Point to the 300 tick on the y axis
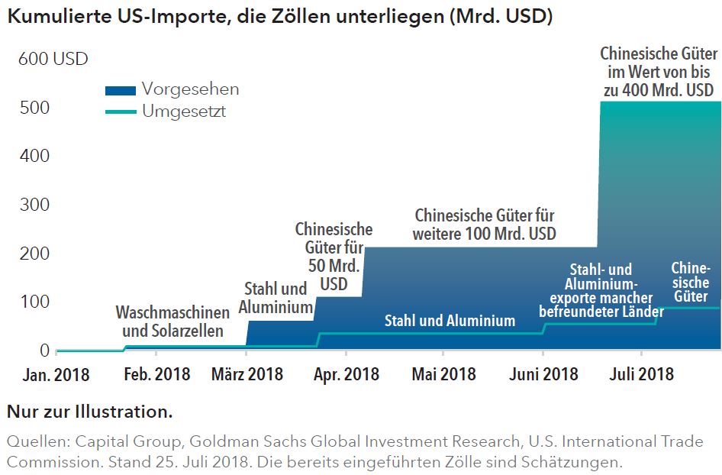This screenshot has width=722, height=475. click(x=34, y=205)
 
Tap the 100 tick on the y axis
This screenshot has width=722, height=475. click(x=34, y=302)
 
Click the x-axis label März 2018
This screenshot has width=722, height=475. click(x=247, y=374)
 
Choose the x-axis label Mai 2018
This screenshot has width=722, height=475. click(x=443, y=374)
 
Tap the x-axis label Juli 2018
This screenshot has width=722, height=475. click(x=640, y=374)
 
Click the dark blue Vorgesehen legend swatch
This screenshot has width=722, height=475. click(x=120, y=90)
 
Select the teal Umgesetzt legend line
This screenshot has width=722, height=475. click(x=120, y=111)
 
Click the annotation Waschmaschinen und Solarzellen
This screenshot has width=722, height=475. click(x=172, y=322)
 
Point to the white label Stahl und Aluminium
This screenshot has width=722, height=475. click(x=450, y=321)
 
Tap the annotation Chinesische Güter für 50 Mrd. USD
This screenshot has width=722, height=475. click(x=334, y=257)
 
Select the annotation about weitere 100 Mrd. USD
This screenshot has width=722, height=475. click(x=485, y=225)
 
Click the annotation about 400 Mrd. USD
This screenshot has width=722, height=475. click(x=659, y=73)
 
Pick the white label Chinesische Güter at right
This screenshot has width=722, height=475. click(x=690, y=282)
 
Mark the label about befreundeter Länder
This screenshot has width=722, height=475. click(x=595, y=291)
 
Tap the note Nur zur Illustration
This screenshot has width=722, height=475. click(x=89, y=412)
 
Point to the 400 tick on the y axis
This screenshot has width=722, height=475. click(x=34, y=156)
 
